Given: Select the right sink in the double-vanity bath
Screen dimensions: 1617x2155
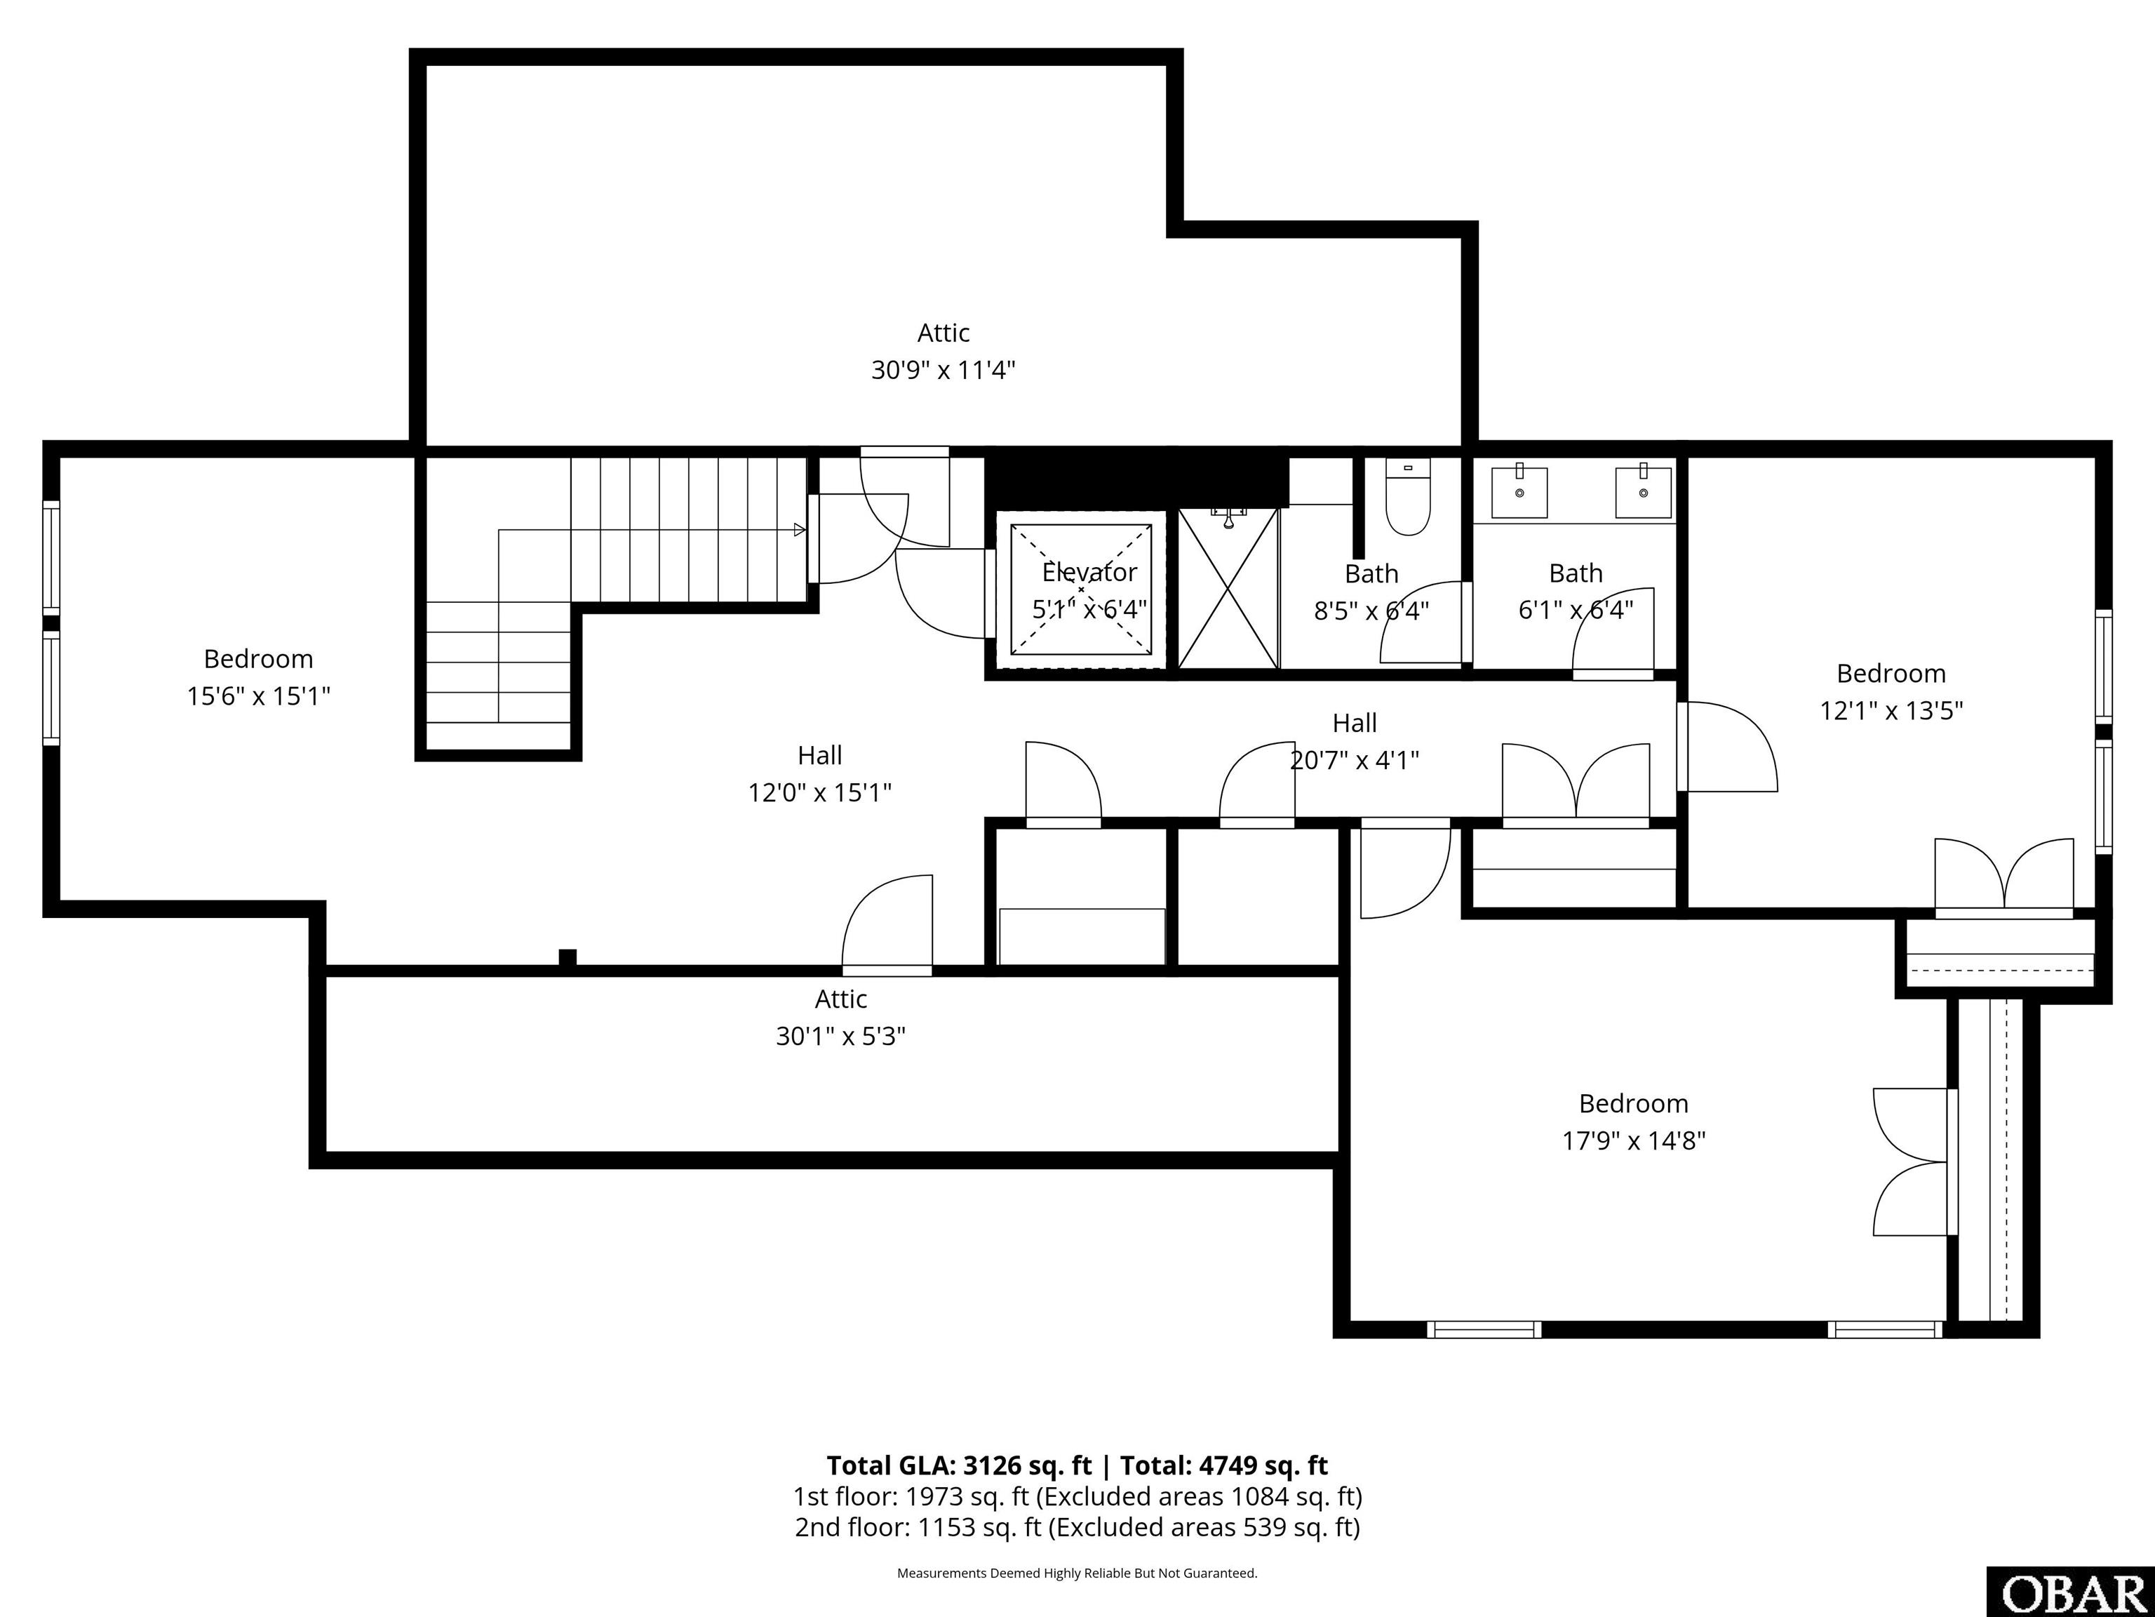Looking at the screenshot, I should click(x=1644, y=492).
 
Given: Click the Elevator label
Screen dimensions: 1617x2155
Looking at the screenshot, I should click(x=1089, y=572).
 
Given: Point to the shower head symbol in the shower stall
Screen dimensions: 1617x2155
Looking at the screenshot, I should click(x=1228, y=519).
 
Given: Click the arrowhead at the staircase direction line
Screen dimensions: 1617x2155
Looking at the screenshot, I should click(x=799, y=531).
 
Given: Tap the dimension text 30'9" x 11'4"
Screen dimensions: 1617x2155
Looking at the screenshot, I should click(x=942, y=371).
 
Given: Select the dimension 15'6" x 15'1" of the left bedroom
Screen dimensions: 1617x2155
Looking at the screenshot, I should click(x=258, y=696).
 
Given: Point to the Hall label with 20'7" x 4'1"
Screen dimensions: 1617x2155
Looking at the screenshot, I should click(x=1354, y=723).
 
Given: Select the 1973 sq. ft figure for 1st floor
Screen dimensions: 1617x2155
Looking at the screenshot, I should click(x=941, y=1496).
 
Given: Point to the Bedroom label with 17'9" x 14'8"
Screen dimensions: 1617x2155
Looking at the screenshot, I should click(x=1633, y=1103).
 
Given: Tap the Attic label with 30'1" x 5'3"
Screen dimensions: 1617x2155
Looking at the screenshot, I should click(x=841, y=999).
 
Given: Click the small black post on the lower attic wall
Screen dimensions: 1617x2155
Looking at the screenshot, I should click(x=567, y=957).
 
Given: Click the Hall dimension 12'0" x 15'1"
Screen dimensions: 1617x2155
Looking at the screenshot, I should click(x=819, y=792).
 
